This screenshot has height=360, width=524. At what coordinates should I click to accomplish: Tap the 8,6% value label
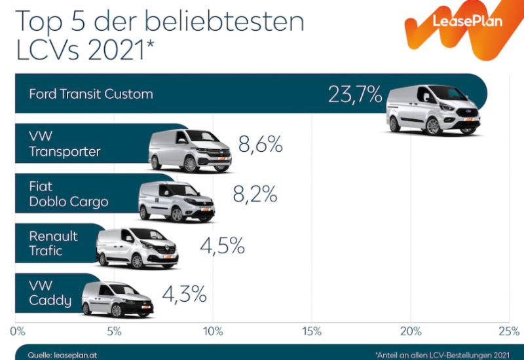point(260,145)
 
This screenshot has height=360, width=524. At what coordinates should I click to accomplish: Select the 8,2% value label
point(255,194)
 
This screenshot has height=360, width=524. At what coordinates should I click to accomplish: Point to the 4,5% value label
point(222,246)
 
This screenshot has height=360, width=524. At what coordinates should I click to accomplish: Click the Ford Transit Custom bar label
point(91,94)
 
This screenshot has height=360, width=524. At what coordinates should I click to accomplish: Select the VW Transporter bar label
point(64,144)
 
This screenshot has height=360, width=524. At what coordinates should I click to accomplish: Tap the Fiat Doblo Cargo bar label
point(68,194)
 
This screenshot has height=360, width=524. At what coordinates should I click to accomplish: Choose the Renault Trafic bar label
point(53,243)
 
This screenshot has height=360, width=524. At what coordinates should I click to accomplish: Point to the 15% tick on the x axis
point(312,331)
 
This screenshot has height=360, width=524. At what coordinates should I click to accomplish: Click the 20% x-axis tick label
point(411,331)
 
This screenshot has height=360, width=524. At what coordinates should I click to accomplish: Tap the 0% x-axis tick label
point(18,331)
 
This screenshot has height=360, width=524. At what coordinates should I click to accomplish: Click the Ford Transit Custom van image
point(434,109)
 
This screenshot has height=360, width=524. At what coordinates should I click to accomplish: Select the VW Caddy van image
point(117,300)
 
